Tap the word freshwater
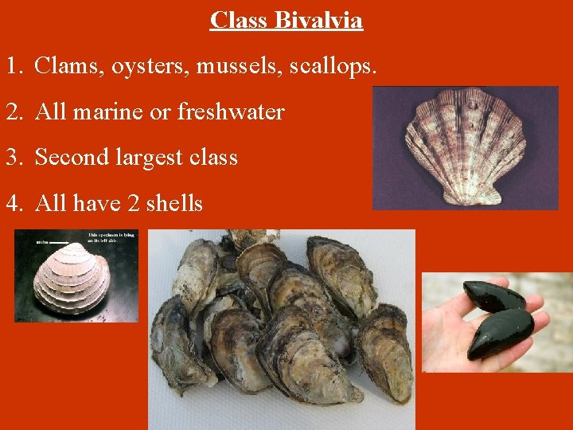pyautogui.click(x=231, y=112)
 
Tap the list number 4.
pyautogui.click(x=14, y=204)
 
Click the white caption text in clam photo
pyautogui.click(x=111, y=238)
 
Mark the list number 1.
pyautogui.click(x=13, y=68)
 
